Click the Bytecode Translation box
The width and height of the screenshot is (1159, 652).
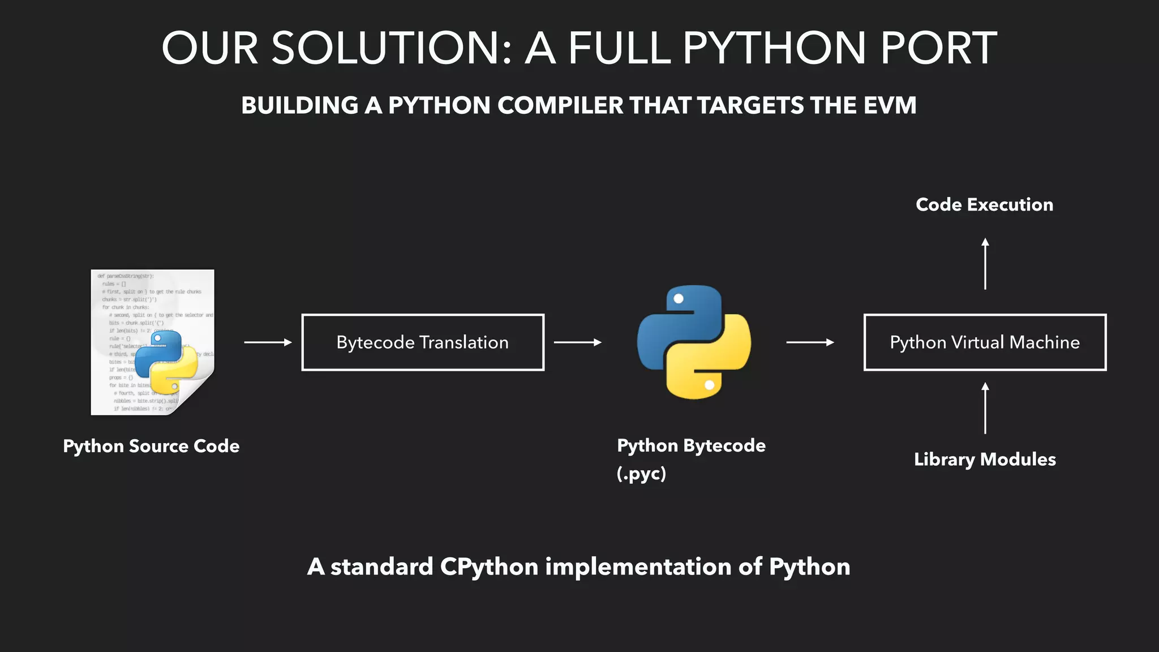[423, 342]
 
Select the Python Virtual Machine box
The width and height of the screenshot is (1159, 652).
[985, 342]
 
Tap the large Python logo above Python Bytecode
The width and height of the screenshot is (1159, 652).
[694, 342]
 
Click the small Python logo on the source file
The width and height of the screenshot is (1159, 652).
[166, 362]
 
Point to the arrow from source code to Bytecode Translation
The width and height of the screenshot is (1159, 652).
[268, 342]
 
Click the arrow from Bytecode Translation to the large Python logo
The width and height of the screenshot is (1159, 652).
[577, 342]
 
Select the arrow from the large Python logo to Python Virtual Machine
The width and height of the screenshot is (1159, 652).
[810, 342]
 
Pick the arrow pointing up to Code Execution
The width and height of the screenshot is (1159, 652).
[985, 264]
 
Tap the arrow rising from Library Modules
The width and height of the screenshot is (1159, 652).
[985, 408]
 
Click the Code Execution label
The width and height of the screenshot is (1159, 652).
[984, 205]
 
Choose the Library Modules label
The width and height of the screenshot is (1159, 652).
[985, 460]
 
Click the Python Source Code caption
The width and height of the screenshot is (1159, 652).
[151, 446]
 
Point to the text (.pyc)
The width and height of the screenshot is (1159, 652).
[641, 473]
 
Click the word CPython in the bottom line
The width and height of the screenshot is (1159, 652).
[489, 567]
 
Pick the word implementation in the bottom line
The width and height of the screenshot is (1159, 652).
[638, 567]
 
